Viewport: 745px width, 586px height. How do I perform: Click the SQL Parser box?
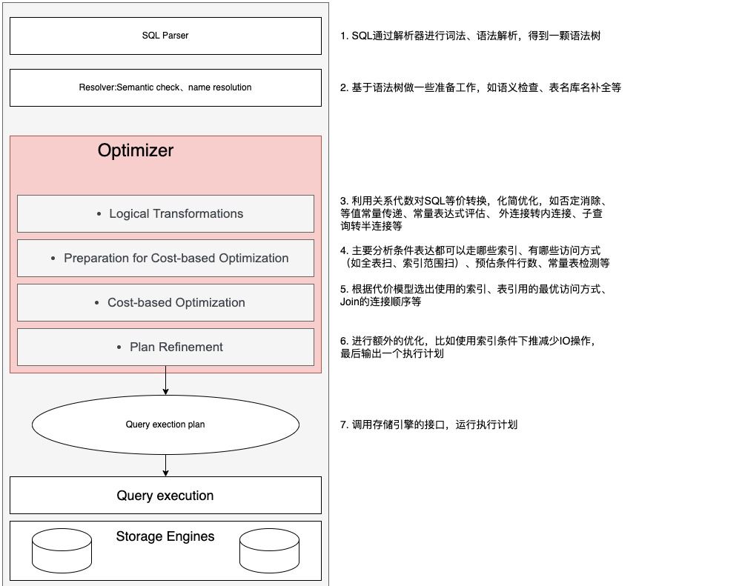click(x=165, y=36)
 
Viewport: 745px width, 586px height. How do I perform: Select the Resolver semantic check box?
click(x=165, y=87)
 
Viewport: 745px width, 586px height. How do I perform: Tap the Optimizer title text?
click(x=135, y=150)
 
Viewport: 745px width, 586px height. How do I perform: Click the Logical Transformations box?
click(x=165, y=213)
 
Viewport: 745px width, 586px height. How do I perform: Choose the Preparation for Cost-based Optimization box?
click(x=165, y=258)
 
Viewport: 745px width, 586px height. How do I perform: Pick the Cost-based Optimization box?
click(x=165, y=302)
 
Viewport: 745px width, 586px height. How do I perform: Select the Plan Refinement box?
click(x=165, y=347)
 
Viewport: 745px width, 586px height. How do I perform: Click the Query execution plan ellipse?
click(x=165, y=424)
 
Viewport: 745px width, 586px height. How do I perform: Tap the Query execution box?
click(x=165, y=496)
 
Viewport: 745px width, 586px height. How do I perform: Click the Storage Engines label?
click(x=165, y=536)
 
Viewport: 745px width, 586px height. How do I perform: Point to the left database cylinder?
click(x=62, y=550)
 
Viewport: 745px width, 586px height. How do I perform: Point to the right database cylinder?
click(x=269, y=550)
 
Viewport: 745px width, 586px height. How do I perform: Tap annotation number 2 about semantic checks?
click(x=480, y=87)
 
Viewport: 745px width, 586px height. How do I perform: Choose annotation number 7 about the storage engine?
click(x=428, y=424)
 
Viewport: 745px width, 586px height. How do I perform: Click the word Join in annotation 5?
click(x=351, y=302)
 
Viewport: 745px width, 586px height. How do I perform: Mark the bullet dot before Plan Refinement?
click(x=119, y=347)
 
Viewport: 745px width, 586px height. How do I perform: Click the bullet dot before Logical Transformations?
click(x=99, y=214)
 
